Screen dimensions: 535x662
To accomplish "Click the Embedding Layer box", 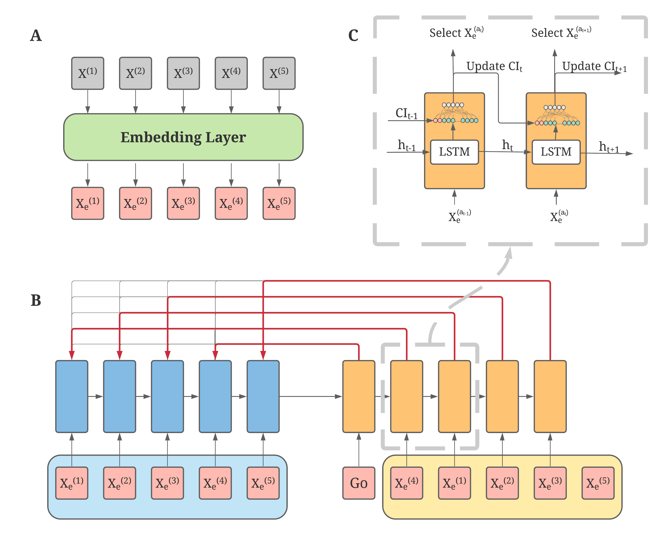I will [x=183, y=137].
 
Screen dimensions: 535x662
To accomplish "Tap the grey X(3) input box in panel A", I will [x=183, y=73].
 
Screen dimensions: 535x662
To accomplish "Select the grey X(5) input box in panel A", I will [x=279, y=73].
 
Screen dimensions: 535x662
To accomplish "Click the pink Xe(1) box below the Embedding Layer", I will [x=88, y=203].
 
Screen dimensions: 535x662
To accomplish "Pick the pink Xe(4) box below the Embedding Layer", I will [x=231, y=203].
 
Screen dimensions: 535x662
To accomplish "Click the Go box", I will [x=359, y=483].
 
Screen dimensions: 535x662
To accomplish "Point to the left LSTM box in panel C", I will [x=454, y=152].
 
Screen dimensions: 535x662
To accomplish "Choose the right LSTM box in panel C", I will [x=556, y=152].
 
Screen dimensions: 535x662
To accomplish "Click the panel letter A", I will [x=36, y=36].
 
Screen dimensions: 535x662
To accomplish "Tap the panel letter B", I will [x=36, y=300].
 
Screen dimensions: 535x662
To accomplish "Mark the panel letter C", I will [x=353, y=36].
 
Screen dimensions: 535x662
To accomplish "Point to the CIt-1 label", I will [x=406, y=114].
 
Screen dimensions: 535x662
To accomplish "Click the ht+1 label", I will [x=609, y=147].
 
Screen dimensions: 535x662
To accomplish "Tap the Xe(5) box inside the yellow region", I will [x=598, y=483].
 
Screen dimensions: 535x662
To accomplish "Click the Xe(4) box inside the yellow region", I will [x=406, y=483].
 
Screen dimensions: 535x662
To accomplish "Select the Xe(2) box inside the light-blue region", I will [x=120, y=483].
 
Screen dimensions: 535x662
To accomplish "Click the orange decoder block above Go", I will [x=359, y=396].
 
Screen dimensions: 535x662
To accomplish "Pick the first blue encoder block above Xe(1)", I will [x=72, y=396].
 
